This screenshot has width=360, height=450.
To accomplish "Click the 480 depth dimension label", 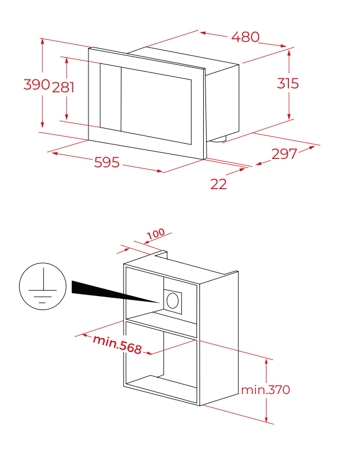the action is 245,37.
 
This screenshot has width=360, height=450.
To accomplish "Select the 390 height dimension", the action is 36,85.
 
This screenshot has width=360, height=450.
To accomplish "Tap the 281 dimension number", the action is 63,87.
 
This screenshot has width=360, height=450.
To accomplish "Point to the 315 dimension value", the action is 288,83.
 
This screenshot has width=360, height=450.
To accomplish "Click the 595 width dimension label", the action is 107,162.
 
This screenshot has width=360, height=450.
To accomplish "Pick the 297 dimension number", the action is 284,154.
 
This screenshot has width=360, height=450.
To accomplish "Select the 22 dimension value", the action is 218,184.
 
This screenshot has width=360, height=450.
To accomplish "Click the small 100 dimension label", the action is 156,234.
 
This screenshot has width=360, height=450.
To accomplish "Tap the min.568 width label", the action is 118,344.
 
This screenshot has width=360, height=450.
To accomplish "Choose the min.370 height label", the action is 265,390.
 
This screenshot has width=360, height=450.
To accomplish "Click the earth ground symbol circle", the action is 43,286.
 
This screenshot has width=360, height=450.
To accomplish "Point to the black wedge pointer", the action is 115,291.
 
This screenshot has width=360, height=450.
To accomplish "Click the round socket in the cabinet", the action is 172,301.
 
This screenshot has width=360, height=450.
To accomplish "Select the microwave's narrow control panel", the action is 110,97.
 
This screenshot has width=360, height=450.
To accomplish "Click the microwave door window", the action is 156,106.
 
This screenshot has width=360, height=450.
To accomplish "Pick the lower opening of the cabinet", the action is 161,363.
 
